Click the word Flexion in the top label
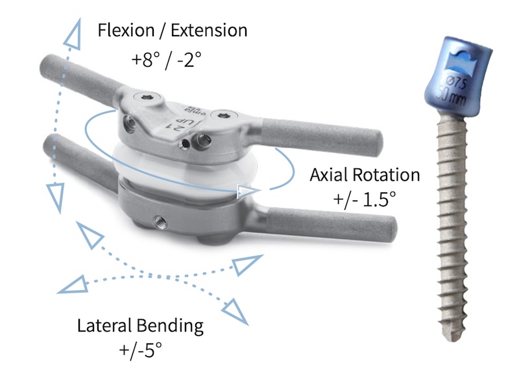pos(123,30)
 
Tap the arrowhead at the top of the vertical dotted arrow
pos(73,29)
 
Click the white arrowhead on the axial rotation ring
pos(246,191)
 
